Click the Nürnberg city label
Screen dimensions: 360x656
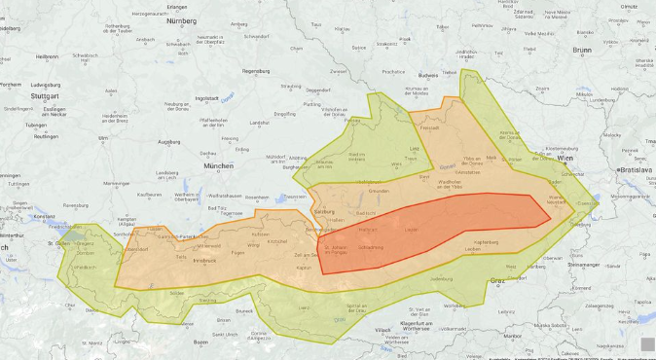pos(182,20)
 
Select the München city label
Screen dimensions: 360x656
pos(218,166)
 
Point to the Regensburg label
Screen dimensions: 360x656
pos(255,71)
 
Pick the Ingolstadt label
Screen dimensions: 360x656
pos(207,98)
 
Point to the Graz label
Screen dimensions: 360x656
pos(497,281)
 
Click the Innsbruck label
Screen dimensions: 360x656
pos(203,261)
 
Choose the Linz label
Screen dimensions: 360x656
pos(414,148)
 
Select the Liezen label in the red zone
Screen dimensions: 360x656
pos(411,229)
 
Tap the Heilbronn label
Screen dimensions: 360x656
pos(48,56)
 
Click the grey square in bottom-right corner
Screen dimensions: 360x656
pos(646,343)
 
